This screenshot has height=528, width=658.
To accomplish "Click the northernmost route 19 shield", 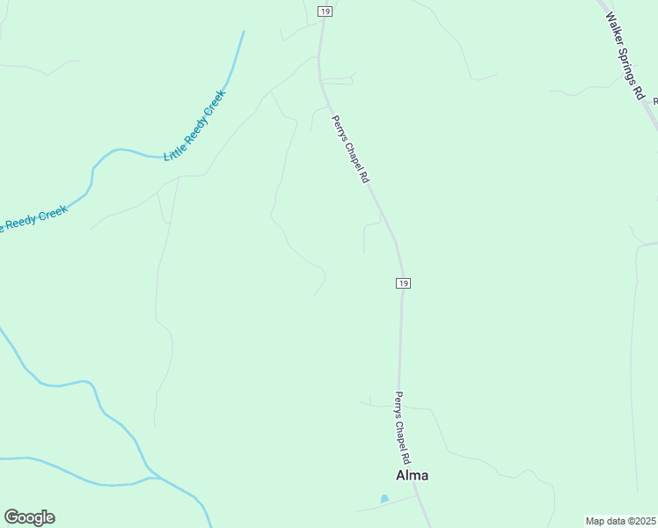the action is [x=325, y=11].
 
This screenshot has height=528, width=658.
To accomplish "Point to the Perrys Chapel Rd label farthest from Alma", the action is [x=350, y=149].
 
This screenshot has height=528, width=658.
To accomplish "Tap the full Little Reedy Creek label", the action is [x=195, y=125].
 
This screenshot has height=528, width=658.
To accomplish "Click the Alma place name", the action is [x=413, y=475].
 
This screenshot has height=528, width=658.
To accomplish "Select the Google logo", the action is [x=29, y=517].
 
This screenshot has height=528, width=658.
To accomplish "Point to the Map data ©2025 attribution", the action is [x=621, y=521].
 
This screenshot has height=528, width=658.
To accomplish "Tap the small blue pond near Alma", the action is [x=384, y=499].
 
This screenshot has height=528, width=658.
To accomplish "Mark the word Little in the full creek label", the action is [x=174, y=150].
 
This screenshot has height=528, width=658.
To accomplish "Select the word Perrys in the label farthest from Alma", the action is [x=340, y=128].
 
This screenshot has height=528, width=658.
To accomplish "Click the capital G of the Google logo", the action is [x=11, y=517].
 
